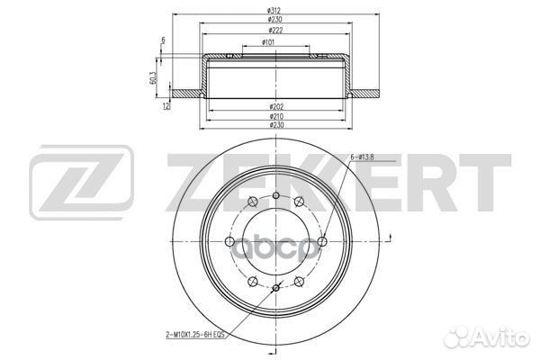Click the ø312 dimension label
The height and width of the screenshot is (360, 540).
270,10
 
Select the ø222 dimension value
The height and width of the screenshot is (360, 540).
270,30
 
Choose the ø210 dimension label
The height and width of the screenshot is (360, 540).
270,116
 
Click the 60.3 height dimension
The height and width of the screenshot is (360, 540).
154,79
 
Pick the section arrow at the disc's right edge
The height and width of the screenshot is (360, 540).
389,239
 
